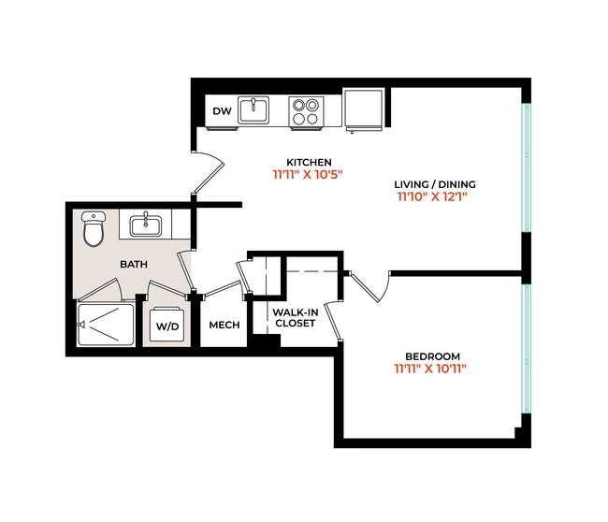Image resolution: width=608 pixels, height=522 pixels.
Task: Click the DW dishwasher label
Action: [x=222, y=112]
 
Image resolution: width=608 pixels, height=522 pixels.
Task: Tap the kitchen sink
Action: [x=253, y=111]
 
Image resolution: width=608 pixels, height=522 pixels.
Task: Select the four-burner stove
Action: [x=304, y=112]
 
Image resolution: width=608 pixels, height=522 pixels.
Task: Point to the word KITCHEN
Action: [x=309, y=162]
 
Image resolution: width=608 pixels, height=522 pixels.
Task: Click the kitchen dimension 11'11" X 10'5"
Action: [x=309, y=175]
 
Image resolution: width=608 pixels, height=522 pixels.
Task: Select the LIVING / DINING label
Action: [x=436, y=183]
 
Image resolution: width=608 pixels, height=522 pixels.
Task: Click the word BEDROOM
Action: [x=432, y=355]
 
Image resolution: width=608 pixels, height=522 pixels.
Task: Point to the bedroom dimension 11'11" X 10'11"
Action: [x=430, y=370]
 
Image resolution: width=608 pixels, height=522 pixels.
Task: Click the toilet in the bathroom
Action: [x=94, y=229]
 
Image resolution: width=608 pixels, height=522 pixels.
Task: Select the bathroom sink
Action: [x=146, y=225]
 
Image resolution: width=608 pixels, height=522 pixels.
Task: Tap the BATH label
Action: [x=134, y=265]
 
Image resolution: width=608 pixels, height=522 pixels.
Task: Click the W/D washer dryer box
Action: [x=167, y=326]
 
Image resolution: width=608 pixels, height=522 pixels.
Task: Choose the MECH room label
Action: [x=224, y=326]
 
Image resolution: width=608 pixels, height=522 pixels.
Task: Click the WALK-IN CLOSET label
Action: [x=295, y=317]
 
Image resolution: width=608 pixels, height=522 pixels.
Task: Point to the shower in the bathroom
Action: [x=105, y=325]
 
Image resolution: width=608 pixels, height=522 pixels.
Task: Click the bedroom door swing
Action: [x=370, y=285]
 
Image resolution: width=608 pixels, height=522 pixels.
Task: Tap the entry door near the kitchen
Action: [x=210, y=172]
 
